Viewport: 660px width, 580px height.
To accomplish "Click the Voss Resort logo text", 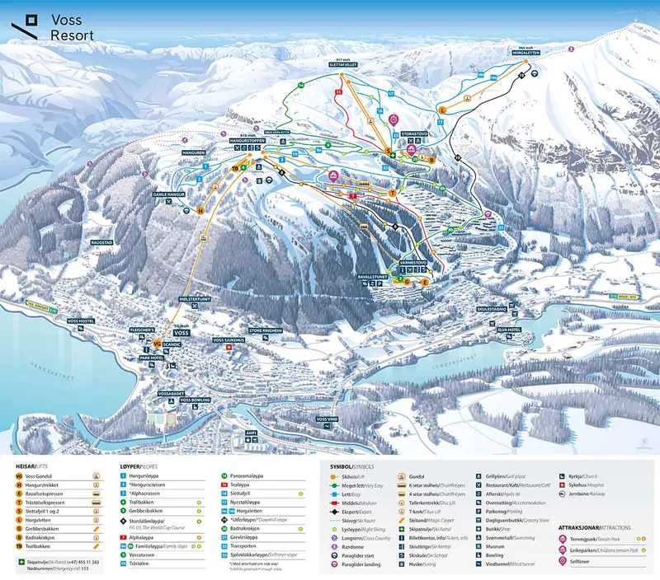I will point(71,27).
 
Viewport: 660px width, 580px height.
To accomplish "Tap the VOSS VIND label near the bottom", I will point(323,419).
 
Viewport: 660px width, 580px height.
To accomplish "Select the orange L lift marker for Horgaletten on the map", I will point(442,109).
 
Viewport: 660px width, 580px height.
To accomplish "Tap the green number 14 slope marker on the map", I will point(301,85).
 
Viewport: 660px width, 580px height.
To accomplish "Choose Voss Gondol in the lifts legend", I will point(40,476).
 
